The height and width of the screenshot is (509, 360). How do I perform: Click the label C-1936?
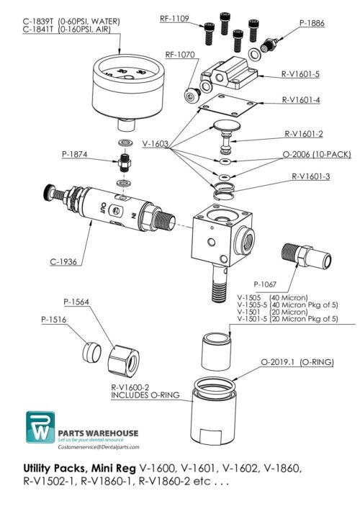(x=64, y=261)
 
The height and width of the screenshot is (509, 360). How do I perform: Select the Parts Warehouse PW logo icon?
(x=41, y=430)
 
